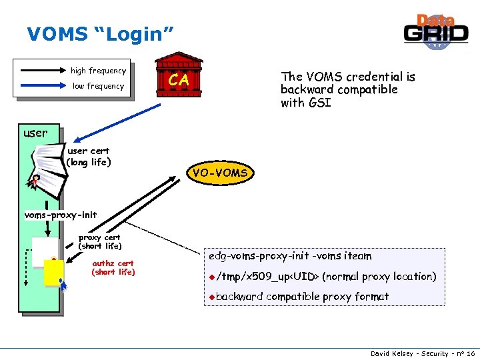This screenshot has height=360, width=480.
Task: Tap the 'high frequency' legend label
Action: point(98,71)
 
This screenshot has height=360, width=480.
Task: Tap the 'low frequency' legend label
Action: point(98,86)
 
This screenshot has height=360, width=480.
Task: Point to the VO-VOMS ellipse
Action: point(219,173)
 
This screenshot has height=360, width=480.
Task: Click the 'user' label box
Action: point(35,133)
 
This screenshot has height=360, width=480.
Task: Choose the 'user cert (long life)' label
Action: point(89,157)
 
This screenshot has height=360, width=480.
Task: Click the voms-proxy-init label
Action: point(61,215)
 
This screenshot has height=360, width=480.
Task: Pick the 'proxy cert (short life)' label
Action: point(99,241)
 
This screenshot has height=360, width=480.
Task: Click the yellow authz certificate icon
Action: point(53,273)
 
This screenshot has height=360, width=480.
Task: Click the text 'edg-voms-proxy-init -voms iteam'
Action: point(290,256)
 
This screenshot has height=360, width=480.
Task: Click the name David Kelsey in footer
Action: point(392,353)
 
